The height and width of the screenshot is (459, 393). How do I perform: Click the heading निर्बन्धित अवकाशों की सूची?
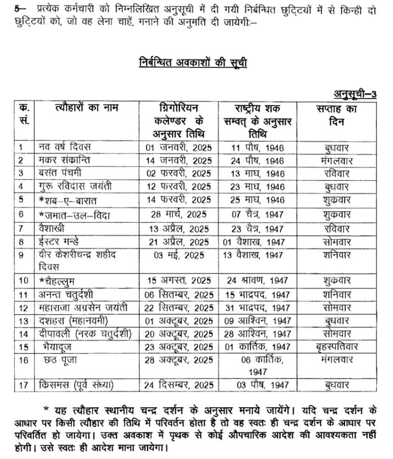[193, 62]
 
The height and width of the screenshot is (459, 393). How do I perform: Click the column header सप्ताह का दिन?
[337, 115]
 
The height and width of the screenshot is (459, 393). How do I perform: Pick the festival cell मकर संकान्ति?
[64, 160]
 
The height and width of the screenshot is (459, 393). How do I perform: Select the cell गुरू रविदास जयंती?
[75, 187]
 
